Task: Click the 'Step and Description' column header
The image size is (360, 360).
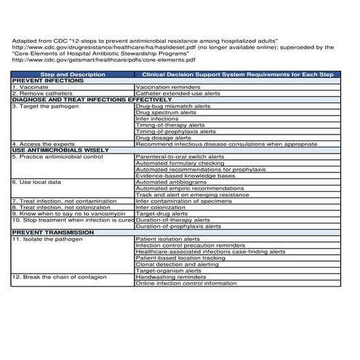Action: [x=73, y=74]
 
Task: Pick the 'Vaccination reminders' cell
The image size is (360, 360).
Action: [x=168, y=87]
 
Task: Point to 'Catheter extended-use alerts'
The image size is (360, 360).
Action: [x=178, y=93]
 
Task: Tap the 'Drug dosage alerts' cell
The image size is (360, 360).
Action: [x=164, y=137]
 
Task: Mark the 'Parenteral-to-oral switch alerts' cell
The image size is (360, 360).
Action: [x=180, y=156]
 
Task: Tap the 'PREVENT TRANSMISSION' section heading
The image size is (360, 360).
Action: [x=48, y=232]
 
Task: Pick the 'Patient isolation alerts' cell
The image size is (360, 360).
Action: [x=168, y=239]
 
